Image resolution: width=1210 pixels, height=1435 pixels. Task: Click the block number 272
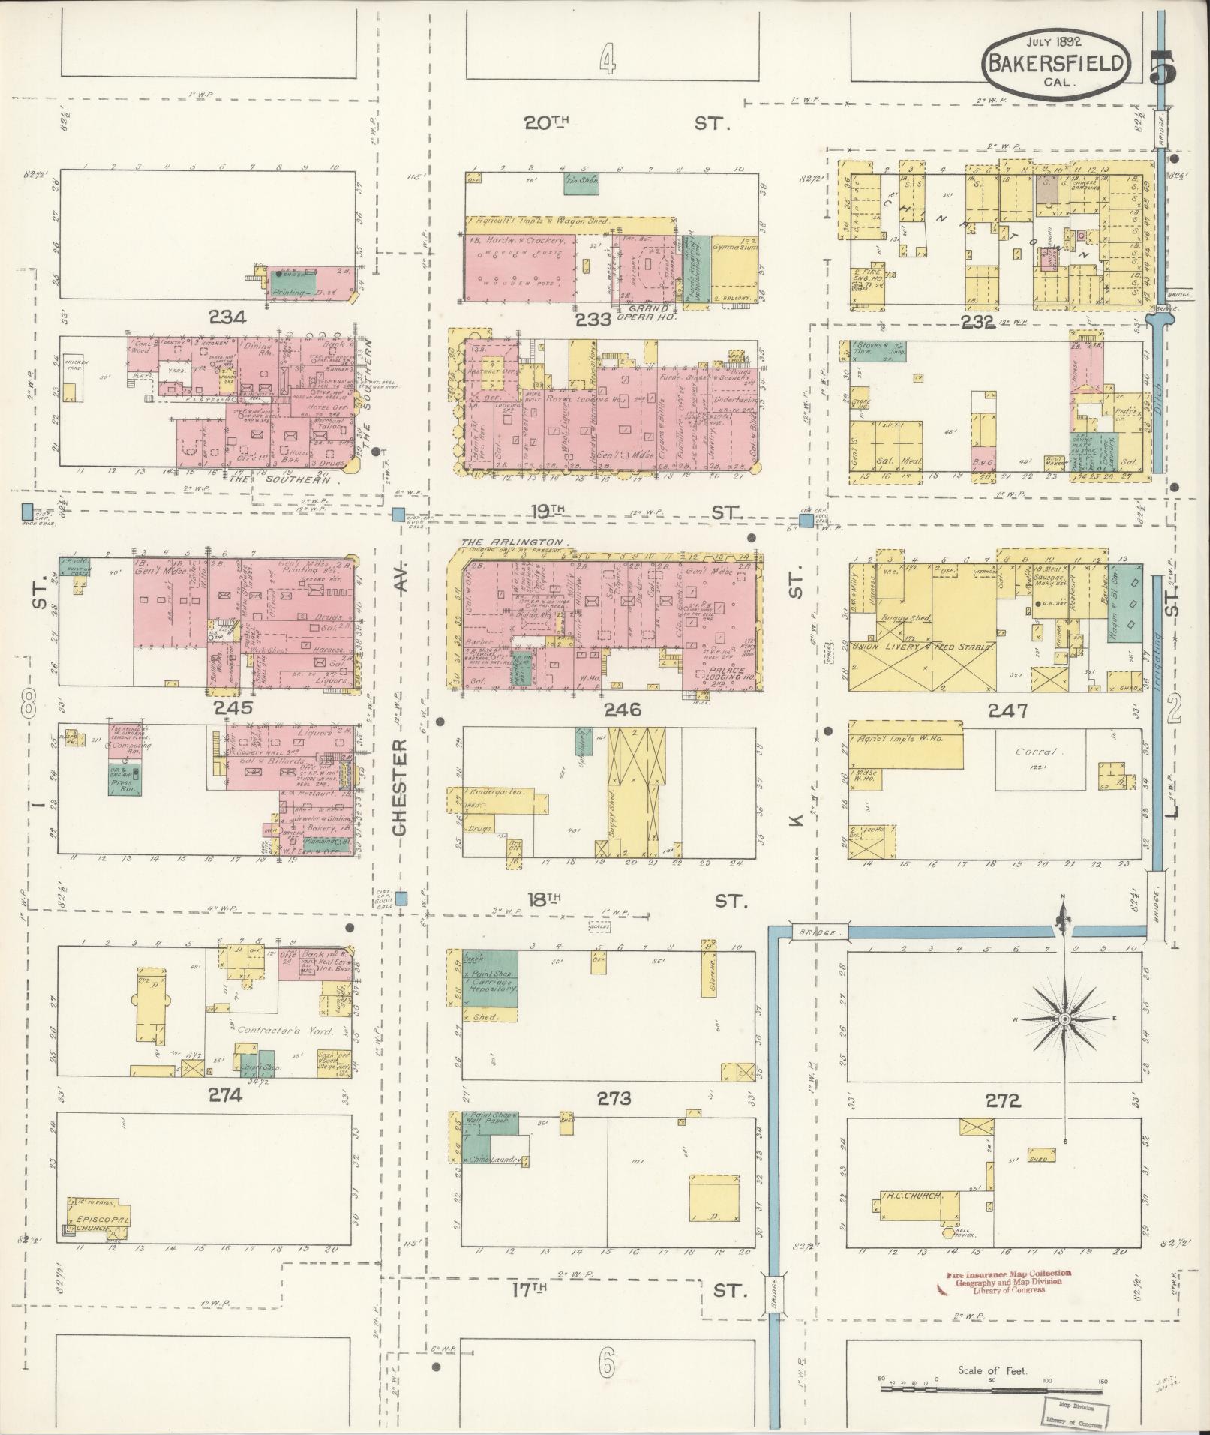pyautogui.click(x=1004, y=1100)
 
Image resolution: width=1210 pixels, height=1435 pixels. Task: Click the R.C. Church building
pyautogui.click(x=917, y=1196)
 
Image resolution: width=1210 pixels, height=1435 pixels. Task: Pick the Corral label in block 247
pyautogui.click(x=1036, y=751)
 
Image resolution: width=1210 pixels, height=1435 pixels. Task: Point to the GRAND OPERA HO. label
pyautogui.click(x=648, y=312)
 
